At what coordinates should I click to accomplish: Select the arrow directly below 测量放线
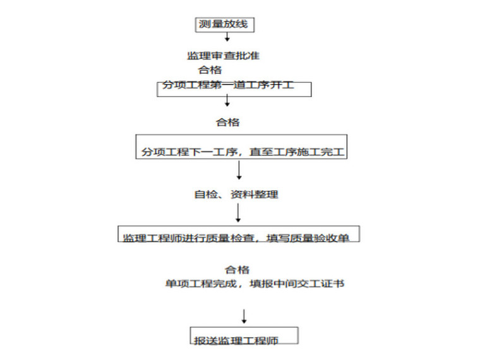(x=227, y=37)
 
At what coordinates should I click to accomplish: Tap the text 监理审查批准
(x=223, y=56)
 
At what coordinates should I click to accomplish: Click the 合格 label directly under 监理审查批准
(x=210, y=70)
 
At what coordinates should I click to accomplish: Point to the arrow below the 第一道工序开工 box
(x=227, y=100)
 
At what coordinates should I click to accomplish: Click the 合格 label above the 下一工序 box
(x=228, y=122)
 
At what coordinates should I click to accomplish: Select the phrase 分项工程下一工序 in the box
(x=189, y=152)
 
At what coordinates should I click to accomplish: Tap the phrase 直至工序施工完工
(x=297, y=152)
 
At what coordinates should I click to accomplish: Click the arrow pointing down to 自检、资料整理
(x=239, y=170)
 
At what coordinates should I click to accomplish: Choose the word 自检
(x=206, y=195)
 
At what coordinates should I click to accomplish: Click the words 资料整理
(x=254, y=195)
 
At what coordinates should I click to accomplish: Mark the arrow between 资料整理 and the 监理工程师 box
(x=238, y=213)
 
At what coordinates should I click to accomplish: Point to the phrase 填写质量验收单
(x=308, y=238)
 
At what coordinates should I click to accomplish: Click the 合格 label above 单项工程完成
(x=237, y=270)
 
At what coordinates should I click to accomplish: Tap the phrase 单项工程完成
(x=201, y=284)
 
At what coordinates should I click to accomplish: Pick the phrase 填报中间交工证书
(x=297, y=284)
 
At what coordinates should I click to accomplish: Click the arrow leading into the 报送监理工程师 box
(x=244, y=316)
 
